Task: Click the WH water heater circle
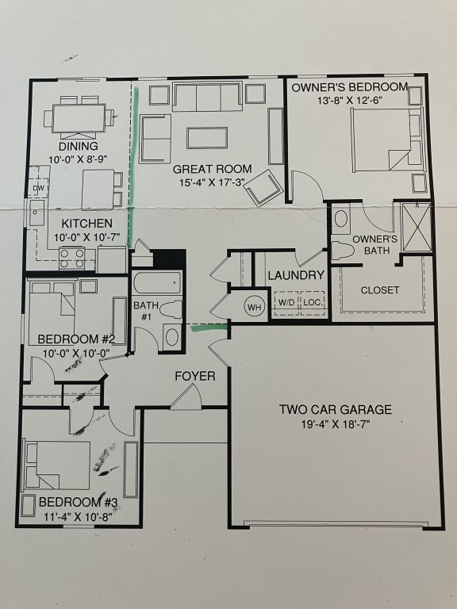click(255, 307)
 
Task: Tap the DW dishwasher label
click(38, 189)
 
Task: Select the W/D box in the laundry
click(286, 303)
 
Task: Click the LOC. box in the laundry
click(312, 303)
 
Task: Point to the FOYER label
click(195, 376)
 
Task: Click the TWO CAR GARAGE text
click(336, 409)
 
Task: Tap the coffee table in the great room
click(207, 138)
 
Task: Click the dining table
click(79, 118)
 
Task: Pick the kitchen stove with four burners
click(73, 259)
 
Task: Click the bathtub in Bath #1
click(157, 282)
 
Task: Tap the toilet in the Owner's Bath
click(343, 251)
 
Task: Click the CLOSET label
click(380, 290)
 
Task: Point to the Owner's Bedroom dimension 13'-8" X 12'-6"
click(350, 101)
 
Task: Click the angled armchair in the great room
click(264, 188)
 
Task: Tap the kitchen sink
click(36, 213)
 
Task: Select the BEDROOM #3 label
click(78, 502)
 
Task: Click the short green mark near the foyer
click(209, 328)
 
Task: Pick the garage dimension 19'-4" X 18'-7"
click(336, 423)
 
